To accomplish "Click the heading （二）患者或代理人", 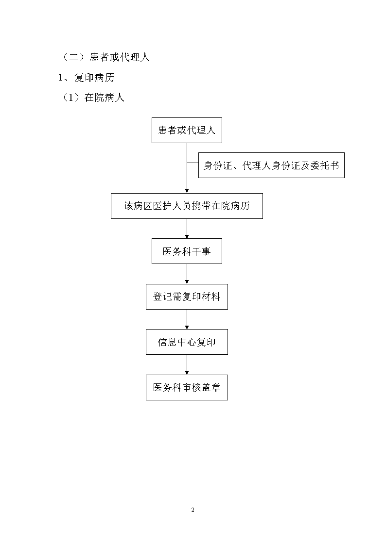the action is click(105, 57).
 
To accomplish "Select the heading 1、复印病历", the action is click(87, 78).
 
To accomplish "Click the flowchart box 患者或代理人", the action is click(187, 131).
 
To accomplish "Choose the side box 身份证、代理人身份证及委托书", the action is click(271, 165).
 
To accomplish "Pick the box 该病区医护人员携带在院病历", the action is click(187, 206).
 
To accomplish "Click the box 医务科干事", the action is click(187, 251).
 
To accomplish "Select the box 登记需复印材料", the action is click(187, 297).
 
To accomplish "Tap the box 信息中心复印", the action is click(187, 342).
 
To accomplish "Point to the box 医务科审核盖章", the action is click(187, 388).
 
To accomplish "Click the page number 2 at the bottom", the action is click(193, 510).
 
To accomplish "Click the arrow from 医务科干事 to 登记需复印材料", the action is click(187, 274).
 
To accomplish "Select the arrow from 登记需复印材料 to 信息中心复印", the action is click(187, 319).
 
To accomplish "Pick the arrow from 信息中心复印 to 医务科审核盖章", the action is click(187, 364).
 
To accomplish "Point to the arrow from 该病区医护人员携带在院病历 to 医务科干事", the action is click(187, 229).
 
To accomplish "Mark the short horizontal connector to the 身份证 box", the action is click(193, 163).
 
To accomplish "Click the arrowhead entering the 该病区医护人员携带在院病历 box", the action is click(187, 191).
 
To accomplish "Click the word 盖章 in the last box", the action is click(211, 388).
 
